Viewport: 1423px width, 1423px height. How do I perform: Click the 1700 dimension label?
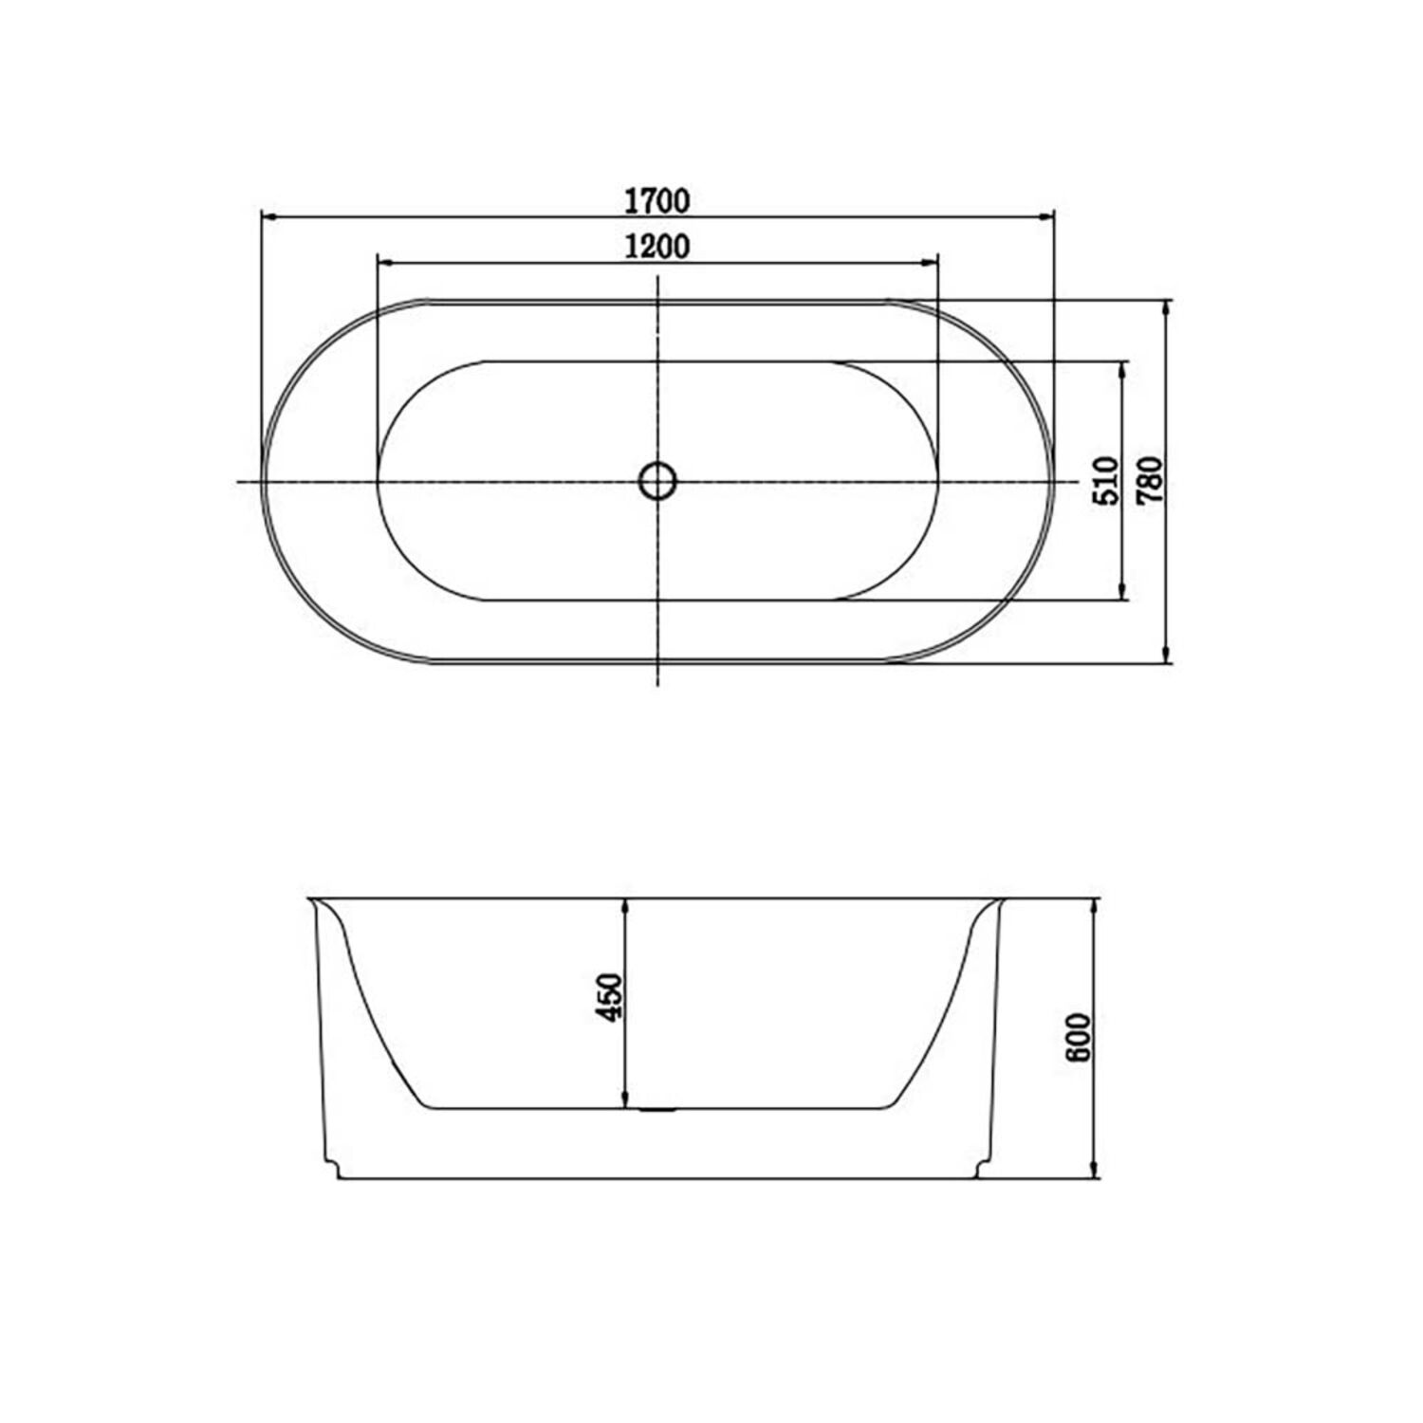click(656, 201)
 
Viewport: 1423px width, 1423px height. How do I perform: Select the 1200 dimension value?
click(656, 246)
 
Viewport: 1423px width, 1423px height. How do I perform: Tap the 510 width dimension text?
click(1106, 480)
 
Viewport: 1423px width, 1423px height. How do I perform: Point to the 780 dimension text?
click(1149, 480)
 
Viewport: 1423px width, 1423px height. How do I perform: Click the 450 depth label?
click(608, 997)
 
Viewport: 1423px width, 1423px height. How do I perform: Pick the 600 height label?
click(1079, 1037)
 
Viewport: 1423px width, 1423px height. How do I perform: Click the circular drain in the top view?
click(656, 481)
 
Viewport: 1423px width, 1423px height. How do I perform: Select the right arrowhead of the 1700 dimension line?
click(1045, 217)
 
